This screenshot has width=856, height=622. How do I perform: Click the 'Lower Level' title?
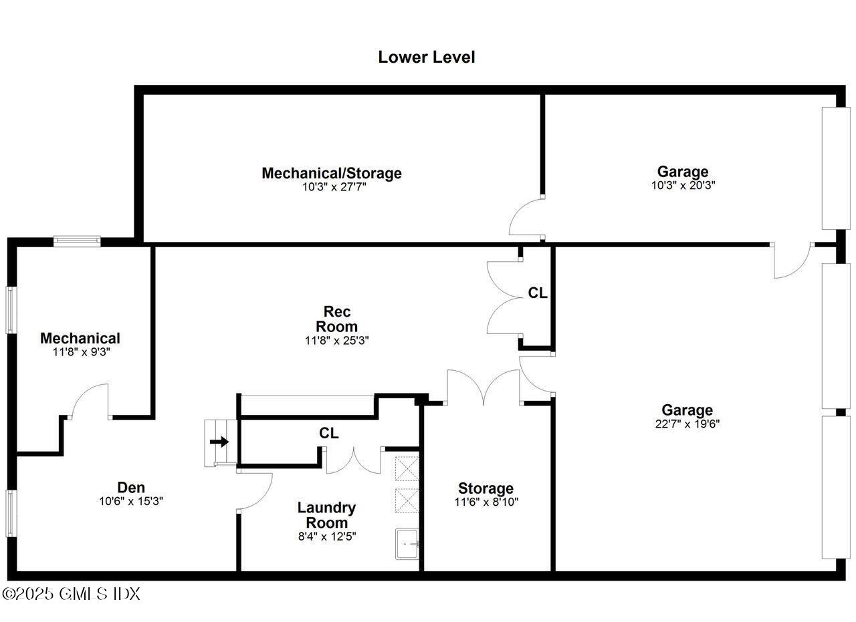[x=427, y=57]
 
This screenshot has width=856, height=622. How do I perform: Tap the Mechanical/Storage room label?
[x=332, y=173]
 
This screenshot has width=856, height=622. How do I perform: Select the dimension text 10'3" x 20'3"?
[x=683, y=186]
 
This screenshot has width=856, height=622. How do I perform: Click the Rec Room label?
[x=336, y=319]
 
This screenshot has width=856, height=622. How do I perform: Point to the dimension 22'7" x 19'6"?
[x=687, y=423]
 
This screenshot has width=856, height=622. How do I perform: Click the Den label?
[x=131, y=488]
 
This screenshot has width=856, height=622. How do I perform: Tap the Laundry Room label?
[x=326, y=515]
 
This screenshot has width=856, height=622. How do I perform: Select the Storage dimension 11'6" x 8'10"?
[x=486, y=501]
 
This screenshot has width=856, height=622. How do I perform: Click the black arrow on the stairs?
[x=219, y=442]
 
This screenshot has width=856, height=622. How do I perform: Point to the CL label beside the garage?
[x=538, y=293]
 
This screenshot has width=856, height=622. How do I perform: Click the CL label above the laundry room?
[x=328, y=433]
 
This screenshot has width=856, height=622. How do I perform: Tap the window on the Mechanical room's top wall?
[x=77, y=241]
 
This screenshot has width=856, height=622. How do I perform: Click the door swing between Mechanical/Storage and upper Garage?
[x=525, y=217]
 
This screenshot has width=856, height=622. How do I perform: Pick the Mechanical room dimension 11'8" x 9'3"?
[x=80, y=351]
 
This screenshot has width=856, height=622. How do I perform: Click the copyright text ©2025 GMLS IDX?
[x=71, y=593]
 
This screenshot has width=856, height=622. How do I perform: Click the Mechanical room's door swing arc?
[x=90, y=401]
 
